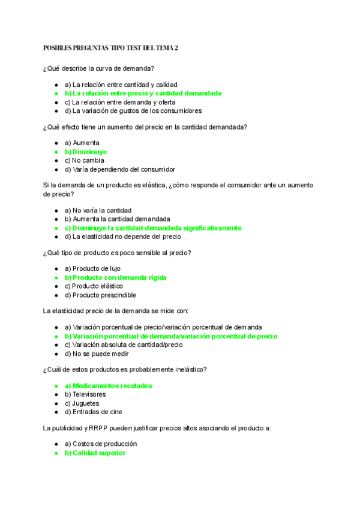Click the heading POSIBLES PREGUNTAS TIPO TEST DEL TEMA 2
(x=111, y=48)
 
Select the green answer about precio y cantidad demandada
(x=143, y=94)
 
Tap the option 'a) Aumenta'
(x=82, y=143)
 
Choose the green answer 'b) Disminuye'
(x=86, y=152)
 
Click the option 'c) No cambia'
(x=85, y=161)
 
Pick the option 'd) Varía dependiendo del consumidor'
(x=120, y=169)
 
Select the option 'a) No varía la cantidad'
(x=98, y=211)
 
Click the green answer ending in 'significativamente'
(x=153, y=228)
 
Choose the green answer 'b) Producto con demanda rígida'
(x=115, y=277)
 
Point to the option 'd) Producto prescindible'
(x=100, y=295)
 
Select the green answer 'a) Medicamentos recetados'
(x=109, y=385)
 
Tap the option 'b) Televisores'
(x=85, y=394)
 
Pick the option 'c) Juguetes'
(x=82, y=403)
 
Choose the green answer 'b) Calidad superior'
(x=95, y=453)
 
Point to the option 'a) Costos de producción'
(x=101, y=444)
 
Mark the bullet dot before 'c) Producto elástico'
(x=56, y=286)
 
